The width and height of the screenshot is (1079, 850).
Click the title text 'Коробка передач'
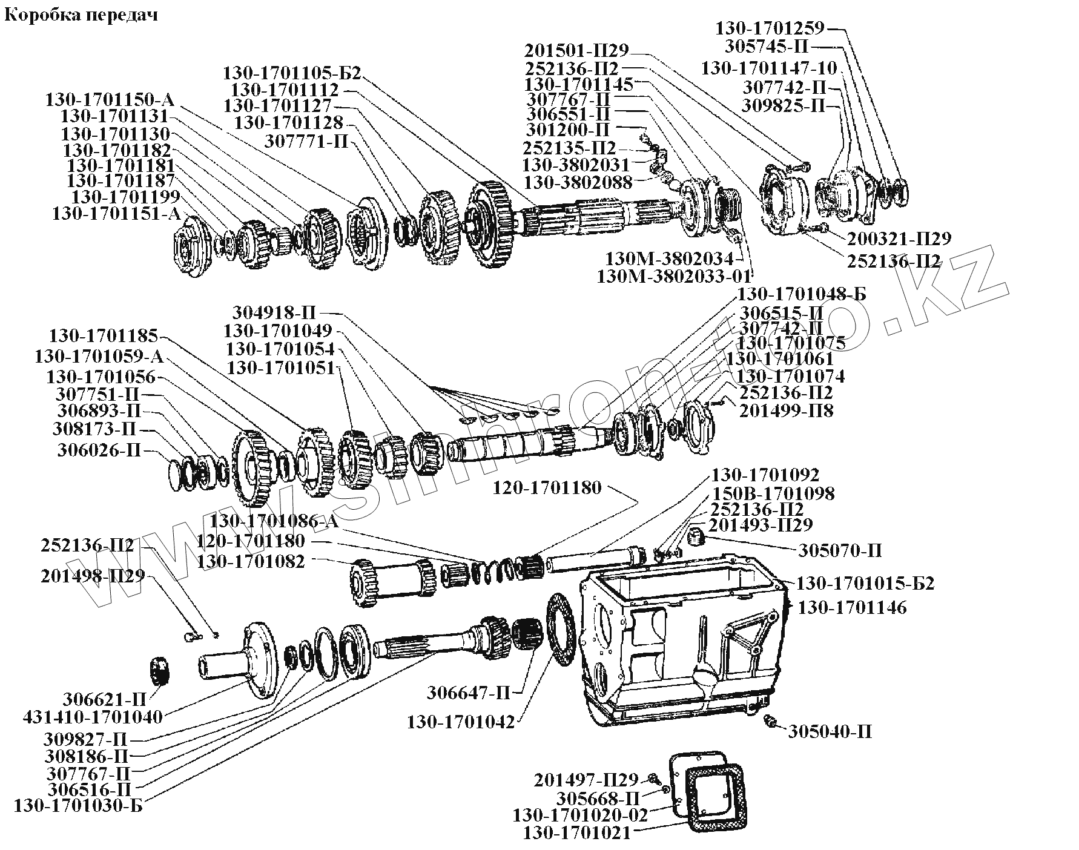tap(81, 15)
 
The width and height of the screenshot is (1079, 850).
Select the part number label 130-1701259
tap(770, 28)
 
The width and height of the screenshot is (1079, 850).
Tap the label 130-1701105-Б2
tap(292, 74)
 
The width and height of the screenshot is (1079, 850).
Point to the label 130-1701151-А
tap(116, 214)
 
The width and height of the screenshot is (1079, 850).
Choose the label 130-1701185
tap(104, 336)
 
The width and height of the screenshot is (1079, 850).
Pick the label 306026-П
tap(99, 451)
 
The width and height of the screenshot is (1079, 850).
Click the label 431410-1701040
tap(93, 717)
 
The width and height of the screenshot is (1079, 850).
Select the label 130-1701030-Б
tap(78, 806)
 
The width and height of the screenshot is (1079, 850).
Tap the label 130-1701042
tap(461, 722)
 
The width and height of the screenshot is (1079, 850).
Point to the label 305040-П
tap(830, 732)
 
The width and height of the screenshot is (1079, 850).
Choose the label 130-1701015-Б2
tap(865, 584)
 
